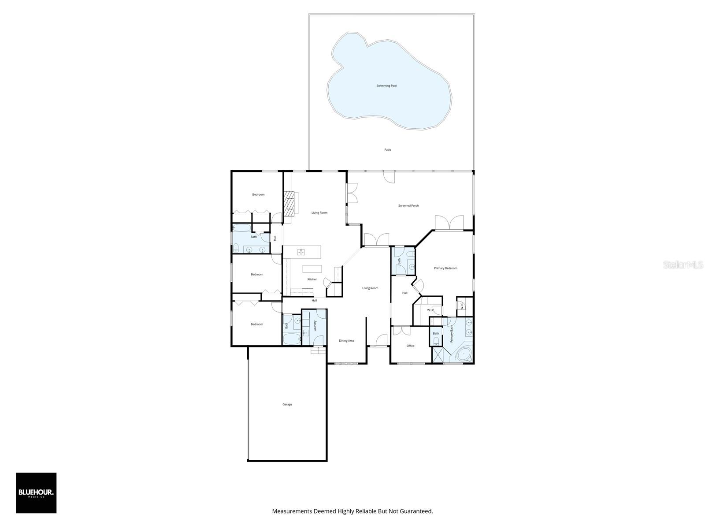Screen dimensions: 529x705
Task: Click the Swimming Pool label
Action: (x=386, y=86)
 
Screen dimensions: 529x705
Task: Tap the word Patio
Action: (x=387, y=150)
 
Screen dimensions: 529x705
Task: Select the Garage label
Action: (x=287, y=404)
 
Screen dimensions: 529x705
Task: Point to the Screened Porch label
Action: (x=408, y=206)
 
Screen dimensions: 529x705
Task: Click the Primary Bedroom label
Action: (x=445, y=268)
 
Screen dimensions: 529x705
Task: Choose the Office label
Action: (x=410, y=346)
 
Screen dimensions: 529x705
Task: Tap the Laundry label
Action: (x=315, y=325)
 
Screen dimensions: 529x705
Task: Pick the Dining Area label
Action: (x=346, y=341)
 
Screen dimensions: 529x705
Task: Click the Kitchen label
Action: (x=312, y=279)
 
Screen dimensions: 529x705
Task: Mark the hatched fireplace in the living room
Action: (x=290, y=204)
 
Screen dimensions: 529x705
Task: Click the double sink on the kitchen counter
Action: (x=301, y=252)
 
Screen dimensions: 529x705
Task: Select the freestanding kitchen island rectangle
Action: (x=312, y=269)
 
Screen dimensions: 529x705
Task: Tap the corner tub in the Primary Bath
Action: (x=464, y=354)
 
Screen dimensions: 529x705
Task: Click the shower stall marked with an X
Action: (x=438, y=355)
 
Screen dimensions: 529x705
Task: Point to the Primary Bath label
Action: (x=452, y=334)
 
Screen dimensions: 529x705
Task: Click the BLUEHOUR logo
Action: (x=36, y=493)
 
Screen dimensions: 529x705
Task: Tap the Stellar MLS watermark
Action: (x=682, y=264)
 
